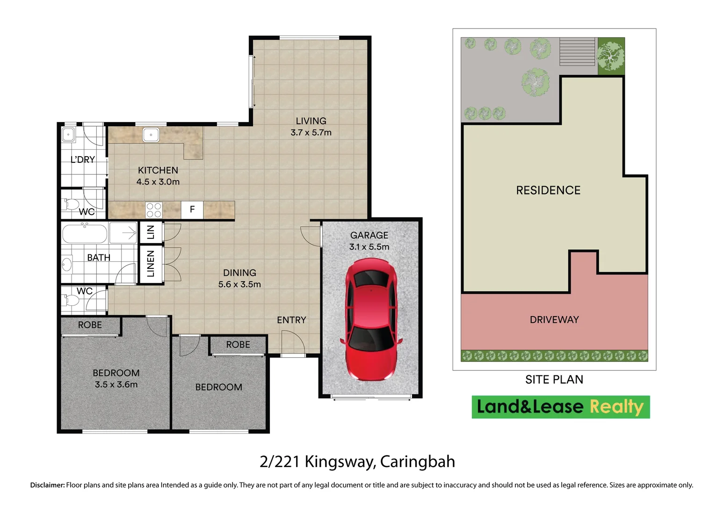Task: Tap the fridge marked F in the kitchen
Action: click(192, 209)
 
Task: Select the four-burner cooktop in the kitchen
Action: click(153, 210)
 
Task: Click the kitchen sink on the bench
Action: click(151, 135)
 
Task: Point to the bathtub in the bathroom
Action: click(85, 233)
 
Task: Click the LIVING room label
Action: click(311, 121)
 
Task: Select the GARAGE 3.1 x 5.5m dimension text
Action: click(369, 247)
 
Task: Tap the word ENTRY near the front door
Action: click(291, 320)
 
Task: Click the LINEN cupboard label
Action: click(151, 264)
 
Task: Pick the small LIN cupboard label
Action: click(151, 232)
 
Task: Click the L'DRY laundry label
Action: click(83, 159)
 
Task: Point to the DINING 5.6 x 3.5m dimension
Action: click(239, 284)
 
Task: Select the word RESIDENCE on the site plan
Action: click(548, 190)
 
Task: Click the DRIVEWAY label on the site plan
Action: click(554, 320)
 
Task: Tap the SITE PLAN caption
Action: click(554, 380)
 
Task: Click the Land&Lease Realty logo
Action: click(560, 407)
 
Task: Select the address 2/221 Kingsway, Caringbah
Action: click(357, 462)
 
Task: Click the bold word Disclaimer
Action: click(47, 485)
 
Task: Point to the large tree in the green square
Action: click(611, 56)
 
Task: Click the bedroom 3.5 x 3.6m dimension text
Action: click(116, 385)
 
